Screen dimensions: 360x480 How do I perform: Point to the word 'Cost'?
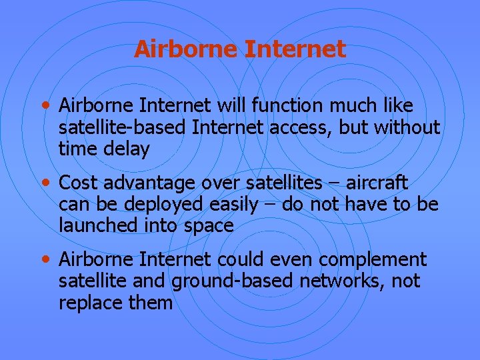[79, 183]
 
